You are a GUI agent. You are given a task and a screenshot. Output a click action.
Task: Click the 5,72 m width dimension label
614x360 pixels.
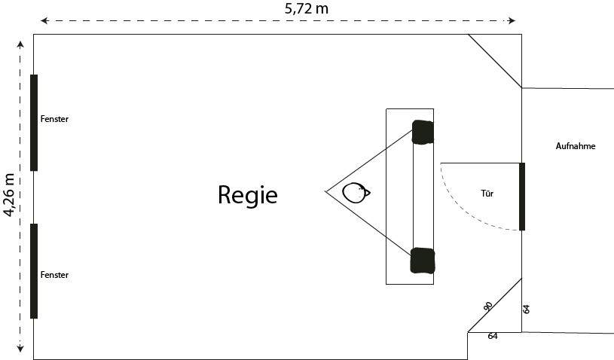coord(306,8)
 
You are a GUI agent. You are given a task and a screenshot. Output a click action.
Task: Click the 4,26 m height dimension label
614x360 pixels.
coord(9,195)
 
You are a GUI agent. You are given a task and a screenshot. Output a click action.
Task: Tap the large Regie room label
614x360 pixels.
coord(247,195)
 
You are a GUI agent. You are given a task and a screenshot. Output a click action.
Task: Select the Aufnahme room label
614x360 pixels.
coord(576,146)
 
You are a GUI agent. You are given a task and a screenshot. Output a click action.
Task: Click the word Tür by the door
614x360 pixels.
coord(487,194)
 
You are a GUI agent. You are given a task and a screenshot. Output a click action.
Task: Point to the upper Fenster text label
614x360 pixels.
coord(54,119)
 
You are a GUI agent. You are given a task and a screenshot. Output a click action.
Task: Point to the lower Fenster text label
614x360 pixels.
coord(54,275)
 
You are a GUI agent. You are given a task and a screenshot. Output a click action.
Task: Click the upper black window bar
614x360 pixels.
coord(34,123)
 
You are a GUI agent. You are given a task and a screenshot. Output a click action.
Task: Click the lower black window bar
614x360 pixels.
coord(34,271)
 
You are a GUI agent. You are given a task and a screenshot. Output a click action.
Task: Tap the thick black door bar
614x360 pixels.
coord(522,197)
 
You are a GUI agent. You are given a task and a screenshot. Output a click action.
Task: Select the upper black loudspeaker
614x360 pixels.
coord(423,133)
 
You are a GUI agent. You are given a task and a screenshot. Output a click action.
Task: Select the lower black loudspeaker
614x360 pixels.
coord(423,261)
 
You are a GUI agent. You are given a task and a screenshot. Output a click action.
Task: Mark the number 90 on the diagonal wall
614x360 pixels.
coord(487,306)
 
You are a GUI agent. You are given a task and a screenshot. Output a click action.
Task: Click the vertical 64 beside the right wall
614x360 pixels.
coord(527,309)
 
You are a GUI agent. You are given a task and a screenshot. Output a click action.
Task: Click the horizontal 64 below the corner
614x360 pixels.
coord(493,336)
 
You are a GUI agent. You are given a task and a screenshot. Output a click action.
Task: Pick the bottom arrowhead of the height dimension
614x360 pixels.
coord(20,348)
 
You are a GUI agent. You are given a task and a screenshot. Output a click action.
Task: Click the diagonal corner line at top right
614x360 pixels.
coord(495,61)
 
